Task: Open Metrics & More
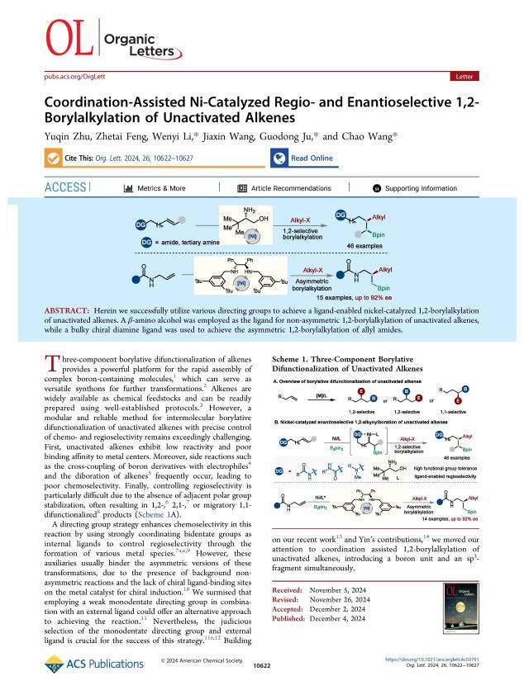[x=155, y=188]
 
